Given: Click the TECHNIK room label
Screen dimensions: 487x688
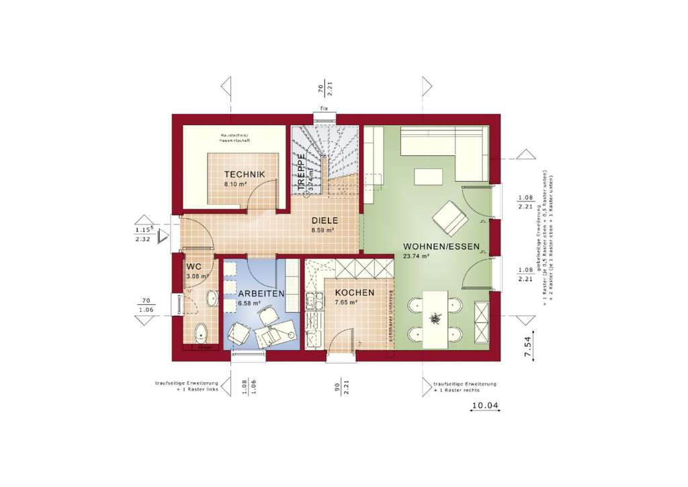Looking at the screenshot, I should [x=245, y=175].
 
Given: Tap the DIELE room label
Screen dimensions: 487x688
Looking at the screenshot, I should [x=324, y=220].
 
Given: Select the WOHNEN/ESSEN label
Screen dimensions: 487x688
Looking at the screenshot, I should [x=441, y=247].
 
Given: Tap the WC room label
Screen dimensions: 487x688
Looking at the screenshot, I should [x=193, y=267].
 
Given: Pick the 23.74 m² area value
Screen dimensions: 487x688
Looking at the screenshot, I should [x=416, y=256].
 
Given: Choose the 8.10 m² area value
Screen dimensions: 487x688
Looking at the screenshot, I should [x=235, y=183].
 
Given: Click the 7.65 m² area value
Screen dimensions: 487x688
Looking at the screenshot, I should [x=346, y=302].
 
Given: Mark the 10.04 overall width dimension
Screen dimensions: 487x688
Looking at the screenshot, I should [x=485, y=405].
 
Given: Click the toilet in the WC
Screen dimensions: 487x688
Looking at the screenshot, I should [x=201, y=332].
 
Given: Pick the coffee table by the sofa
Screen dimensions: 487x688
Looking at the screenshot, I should [x=428, y=177].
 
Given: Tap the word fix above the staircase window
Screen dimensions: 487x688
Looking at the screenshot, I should [x=324, y=107].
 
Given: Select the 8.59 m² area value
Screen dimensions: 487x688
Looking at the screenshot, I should [x=323, y=230].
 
